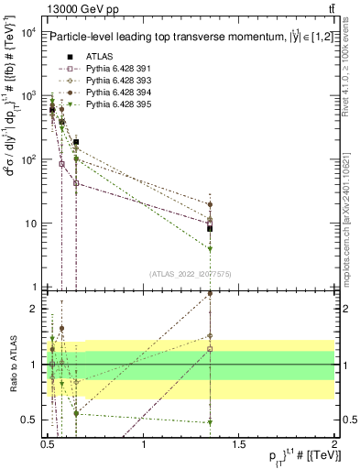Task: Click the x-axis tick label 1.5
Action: point(239,446)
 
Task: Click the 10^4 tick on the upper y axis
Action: point(27,32)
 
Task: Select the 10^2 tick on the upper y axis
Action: point(27,160)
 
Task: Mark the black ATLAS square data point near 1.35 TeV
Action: point(210,228)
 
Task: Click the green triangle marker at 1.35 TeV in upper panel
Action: point(210,249)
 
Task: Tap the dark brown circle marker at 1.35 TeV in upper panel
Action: point(210,205)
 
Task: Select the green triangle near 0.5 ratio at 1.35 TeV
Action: point(210,422)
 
